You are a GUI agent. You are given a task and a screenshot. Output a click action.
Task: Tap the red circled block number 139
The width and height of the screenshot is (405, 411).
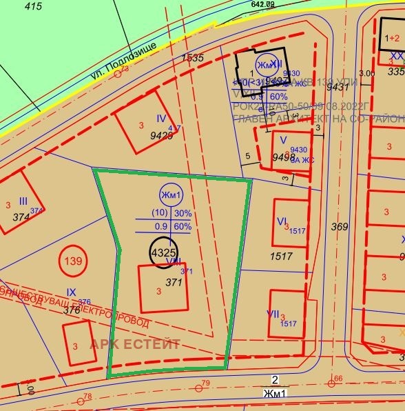72,261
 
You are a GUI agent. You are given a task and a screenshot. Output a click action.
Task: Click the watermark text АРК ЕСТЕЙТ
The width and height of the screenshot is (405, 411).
135,344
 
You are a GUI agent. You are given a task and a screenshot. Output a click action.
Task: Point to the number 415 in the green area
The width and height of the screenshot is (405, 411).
32,6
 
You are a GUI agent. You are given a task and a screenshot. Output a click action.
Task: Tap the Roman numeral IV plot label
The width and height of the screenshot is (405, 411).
162,119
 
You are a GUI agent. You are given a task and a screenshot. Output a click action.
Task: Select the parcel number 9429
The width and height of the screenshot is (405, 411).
161,135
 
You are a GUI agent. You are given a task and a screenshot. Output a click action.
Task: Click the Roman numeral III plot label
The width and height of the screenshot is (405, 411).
23,201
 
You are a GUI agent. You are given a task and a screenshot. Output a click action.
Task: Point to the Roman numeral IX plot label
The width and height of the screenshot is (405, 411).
71,292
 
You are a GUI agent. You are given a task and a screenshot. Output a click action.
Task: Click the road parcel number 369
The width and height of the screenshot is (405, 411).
340,227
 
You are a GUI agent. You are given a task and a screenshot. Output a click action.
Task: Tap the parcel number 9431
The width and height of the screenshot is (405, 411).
337,87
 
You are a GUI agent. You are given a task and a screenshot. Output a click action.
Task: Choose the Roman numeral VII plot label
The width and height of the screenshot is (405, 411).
273,314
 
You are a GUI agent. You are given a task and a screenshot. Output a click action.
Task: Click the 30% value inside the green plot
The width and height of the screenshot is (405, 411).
183,213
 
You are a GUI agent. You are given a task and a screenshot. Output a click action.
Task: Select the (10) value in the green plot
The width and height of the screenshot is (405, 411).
159,213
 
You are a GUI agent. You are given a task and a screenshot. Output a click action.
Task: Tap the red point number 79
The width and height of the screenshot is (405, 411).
205,383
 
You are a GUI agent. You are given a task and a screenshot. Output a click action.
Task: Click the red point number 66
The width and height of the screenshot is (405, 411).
338,378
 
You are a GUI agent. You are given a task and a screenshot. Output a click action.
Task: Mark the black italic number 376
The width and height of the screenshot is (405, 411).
72,310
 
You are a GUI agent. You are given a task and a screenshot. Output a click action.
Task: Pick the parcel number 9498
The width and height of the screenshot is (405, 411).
283,157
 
